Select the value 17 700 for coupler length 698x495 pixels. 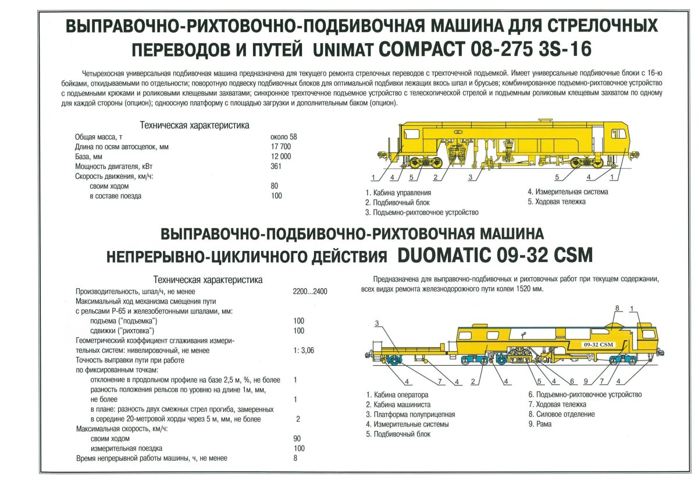(x=281, y=147)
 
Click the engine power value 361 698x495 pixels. (x=276, y=166)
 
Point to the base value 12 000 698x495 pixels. (x=280, y=157)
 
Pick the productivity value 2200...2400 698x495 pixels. (x=310, y=291)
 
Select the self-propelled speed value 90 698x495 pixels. (x=298, y=439)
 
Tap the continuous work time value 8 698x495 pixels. (x=296, y=458)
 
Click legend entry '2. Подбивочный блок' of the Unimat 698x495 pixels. (x=397, y=203)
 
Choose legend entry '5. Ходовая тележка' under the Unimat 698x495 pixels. (x=557, y=201)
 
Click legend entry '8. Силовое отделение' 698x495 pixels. (x=561, y=414)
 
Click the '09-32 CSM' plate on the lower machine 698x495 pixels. (x=597, y=345)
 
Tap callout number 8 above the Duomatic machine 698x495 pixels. (x=617, y=307)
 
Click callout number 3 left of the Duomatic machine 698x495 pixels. (x=377, y=323)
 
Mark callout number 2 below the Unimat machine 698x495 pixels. (x=435, y=177)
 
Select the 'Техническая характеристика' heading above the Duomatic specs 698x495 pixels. (x=207, y=280)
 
